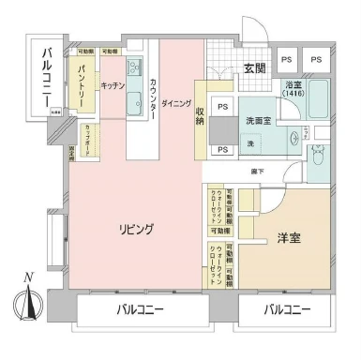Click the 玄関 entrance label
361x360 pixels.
pos(255,67)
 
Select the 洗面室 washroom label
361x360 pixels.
pos(259,120)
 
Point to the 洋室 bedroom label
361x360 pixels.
pos(288,238)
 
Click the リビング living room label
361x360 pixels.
pos(135,229)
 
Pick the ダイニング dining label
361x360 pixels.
pos(177,103)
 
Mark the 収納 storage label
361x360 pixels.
pos(201,116)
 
